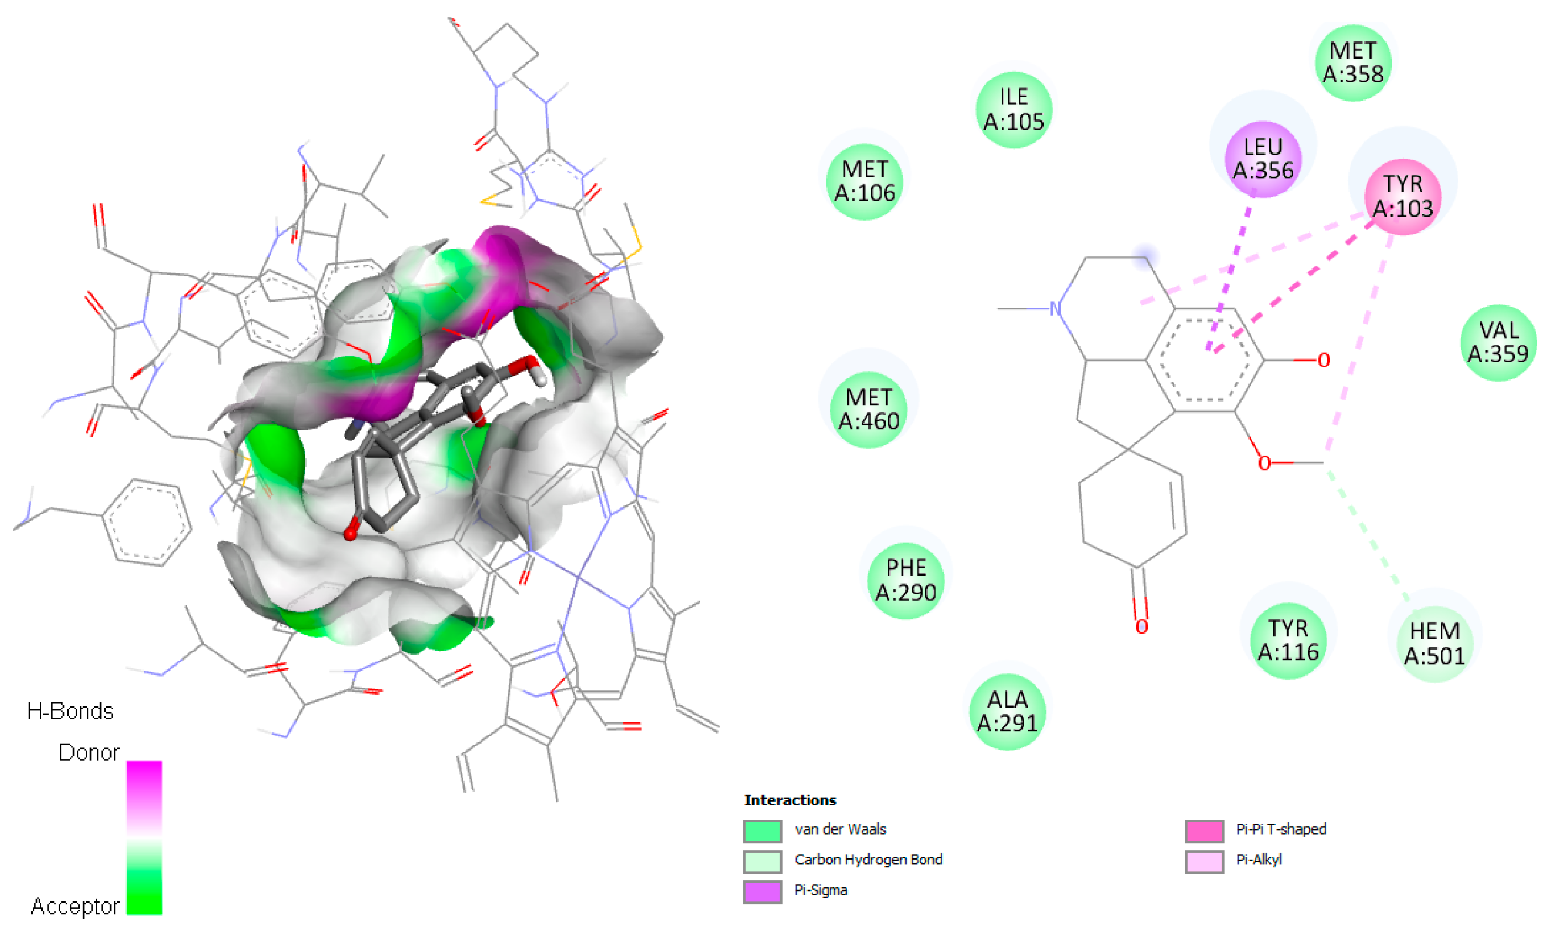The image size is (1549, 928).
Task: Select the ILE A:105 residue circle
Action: pyautogui.click(x=1013, y=109)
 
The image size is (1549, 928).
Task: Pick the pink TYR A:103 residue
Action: pyautogui.click(x=1402, y=196)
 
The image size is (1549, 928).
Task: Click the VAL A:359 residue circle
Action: pyautogui.click(x=1498, y=342)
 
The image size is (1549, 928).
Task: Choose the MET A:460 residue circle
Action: pyautogui.click(x=868, y=410)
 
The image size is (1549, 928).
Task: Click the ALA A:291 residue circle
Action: pyautogui.click(x=1007, y=711)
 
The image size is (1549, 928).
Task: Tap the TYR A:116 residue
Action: pyautogui.click(x=1288, y=640)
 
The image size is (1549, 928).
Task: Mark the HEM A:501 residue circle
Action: pyautogui.click(x=1434, y=644)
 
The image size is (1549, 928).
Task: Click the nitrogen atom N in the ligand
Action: pyautogui.click(x=1056, y=309)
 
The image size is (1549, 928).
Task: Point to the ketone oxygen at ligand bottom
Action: pyautogui.click(x=1141, y=626)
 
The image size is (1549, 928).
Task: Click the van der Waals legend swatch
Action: pyautogui.click(x=762, y=831)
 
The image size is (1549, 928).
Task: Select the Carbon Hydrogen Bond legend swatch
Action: pyautogui.click(x=762, y=861)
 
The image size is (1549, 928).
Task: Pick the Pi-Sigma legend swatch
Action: pyautogui.click(x=762, y=892)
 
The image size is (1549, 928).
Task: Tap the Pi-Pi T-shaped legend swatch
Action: pyautogui.click(x=1204, y=831)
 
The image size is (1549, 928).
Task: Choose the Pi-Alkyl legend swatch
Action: pyautogui.click(x=1204, y=861)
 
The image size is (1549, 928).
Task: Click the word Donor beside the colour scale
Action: pyautogui.click(x=89, y=752)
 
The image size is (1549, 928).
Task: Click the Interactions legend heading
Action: pyautogui.click(x=790, y=800)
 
